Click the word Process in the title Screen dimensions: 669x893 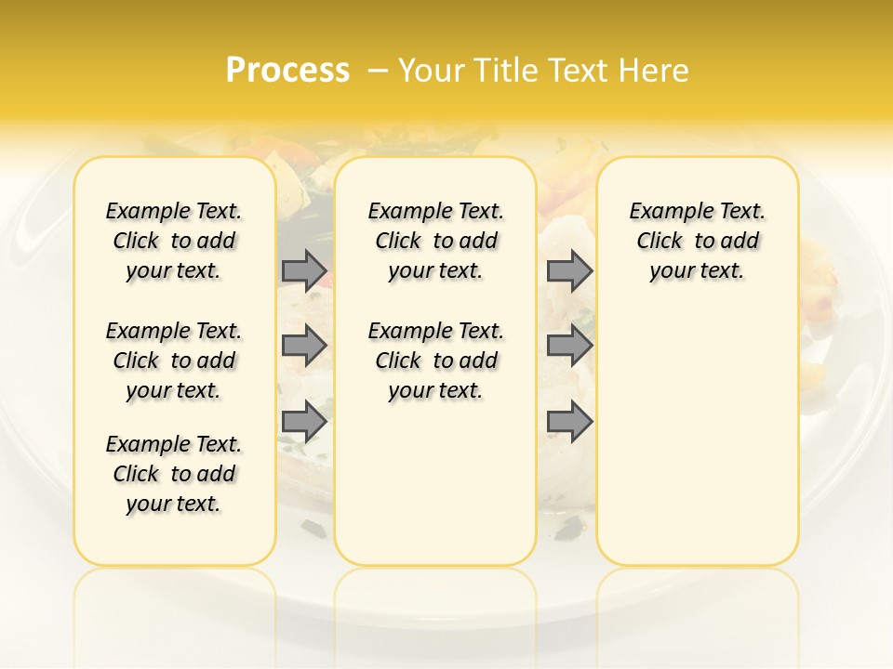pos(287,70)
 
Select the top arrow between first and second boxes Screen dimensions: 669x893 pos(304,270)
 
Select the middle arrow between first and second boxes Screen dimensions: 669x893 pos(304,346)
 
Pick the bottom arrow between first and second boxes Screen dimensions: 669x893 pos(304,421)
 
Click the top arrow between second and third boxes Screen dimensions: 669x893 pos(569,270)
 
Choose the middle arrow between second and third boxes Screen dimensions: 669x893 pos(569,346)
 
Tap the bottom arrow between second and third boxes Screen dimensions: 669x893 pos(569,421)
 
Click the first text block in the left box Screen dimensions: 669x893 pos(174,241)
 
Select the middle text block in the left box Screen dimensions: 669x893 pos(174,361)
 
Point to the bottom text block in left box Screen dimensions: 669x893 pos(174,474)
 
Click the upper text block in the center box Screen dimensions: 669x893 pos(435,241)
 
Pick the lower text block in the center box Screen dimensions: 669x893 pos(435,361)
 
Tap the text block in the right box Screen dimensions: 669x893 pos(697,241)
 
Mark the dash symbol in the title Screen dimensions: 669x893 pos(378,70)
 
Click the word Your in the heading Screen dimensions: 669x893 pos(433,70)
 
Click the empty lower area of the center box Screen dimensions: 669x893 pos(435,483)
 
